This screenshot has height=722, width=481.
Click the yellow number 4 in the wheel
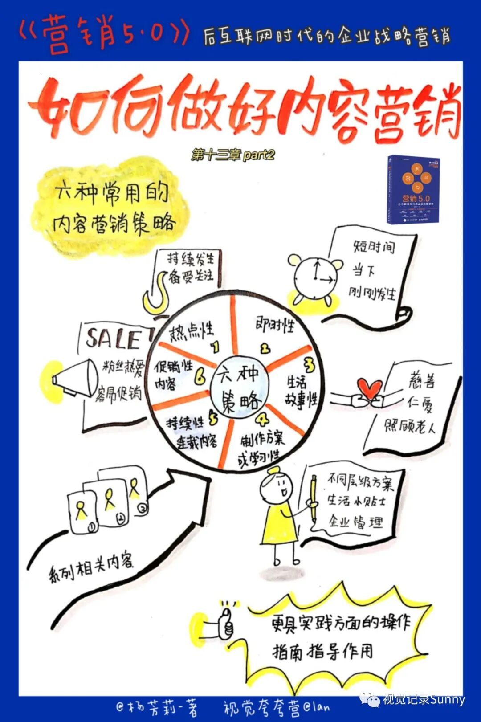click(x=262, y=419)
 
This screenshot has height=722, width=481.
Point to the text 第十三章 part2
click(x=233, y=155)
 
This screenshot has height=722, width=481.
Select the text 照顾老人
click(x=410, y=426)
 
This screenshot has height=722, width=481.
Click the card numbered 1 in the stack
click(x=82, y=512)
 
